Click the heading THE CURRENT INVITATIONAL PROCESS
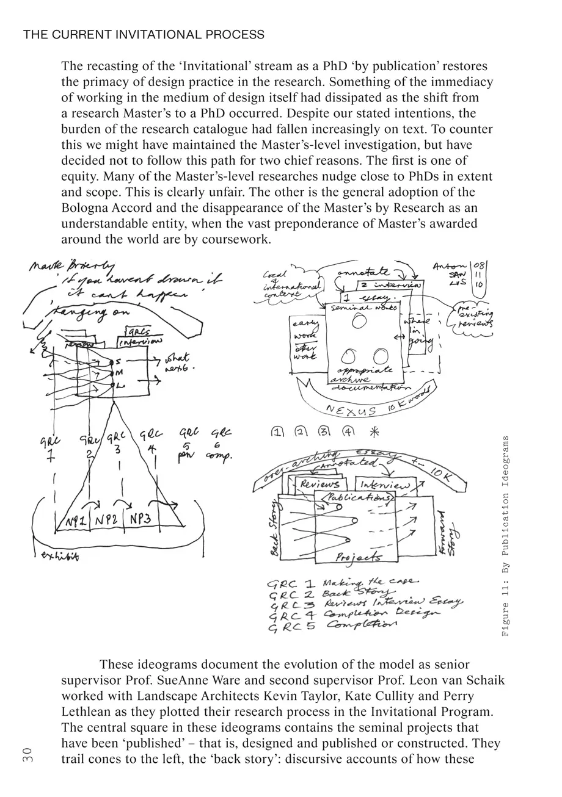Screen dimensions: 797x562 click(144, 35)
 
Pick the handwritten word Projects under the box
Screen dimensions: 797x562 click(359, 557)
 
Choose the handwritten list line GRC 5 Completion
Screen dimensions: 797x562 click(332, 626)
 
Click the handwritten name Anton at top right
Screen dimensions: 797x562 click(449, 266)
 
